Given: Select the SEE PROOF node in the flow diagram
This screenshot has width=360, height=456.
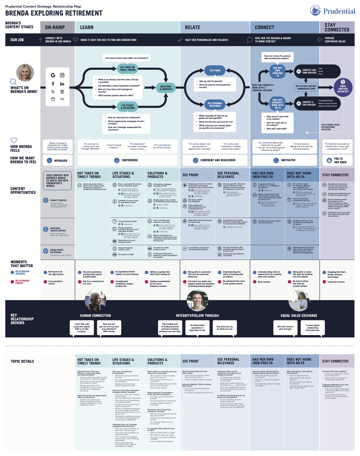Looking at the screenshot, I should (x=215, y=71).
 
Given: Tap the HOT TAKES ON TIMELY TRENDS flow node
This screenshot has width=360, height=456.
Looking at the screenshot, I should (x=128, y=69).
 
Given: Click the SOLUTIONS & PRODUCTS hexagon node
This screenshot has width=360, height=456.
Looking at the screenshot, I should (x=166, y=88).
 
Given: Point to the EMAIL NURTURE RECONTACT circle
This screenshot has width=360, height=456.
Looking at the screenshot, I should (x=343, y=87).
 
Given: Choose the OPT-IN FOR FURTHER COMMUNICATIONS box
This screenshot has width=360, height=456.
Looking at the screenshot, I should (x=306, y=87).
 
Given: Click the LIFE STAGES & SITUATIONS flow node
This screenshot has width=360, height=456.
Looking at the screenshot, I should (x=127, y=106).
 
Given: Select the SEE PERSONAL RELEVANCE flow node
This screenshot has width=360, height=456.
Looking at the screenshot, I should (x=215, y=104).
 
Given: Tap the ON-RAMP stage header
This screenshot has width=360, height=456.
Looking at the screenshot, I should (x=55, y=27).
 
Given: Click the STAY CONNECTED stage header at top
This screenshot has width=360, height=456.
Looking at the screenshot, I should (x=337, y=27).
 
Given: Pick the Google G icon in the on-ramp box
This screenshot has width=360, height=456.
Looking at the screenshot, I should (x=53, y=75).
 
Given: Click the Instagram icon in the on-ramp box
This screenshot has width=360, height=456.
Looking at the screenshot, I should (x=62, y=75).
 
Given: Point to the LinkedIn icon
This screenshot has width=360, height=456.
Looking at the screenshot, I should (x=62, y=84).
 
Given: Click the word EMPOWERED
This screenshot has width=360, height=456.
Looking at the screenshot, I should (x=130, y=160).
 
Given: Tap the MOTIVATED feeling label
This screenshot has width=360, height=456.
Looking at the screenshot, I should (x=288, y=160).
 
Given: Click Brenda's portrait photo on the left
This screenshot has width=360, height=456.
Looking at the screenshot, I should (x=25, y=73).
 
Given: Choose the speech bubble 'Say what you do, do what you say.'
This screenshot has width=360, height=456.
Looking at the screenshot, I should (x=225, y=328).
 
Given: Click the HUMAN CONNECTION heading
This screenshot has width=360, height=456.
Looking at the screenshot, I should (x=95, y=316).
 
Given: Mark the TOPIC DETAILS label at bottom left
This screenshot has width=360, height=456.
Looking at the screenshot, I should (x=22, y=361).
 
